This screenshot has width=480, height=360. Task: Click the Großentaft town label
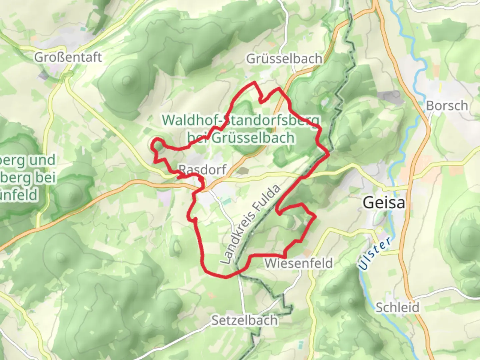pos(68,57)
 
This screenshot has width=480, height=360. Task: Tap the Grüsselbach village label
pos(284,59)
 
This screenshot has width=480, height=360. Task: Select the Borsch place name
pos(447,106)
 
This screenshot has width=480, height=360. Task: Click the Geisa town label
pos(384,203)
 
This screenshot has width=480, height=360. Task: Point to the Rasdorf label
pos(203,170)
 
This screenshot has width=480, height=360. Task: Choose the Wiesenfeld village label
pos(298,263)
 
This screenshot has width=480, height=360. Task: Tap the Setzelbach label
pos(244,320)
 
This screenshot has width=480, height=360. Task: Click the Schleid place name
pos(397,307)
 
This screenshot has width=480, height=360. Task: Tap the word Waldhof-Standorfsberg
pos(241,120)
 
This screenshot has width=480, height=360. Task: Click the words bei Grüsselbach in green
pos(241,138)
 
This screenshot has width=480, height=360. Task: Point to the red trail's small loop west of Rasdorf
pos(158,145)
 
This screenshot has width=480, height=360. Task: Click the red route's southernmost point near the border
pos(226,277)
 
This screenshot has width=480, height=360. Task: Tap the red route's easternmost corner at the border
pos(329,154)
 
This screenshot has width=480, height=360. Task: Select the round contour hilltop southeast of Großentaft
pos(126,80)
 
